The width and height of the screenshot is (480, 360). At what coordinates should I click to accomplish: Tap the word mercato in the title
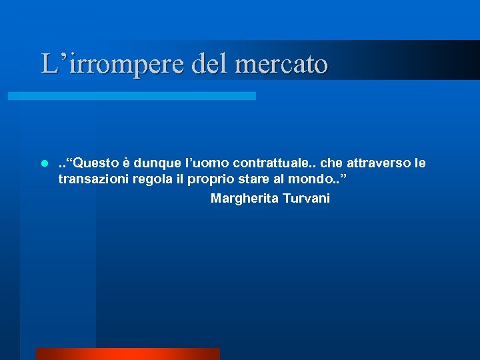[281, 65]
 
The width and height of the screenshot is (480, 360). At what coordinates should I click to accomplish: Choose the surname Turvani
[307, 199]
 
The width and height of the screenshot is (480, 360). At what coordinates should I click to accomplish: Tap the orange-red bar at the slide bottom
[127, 354]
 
